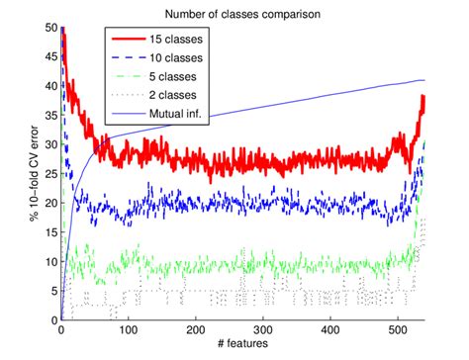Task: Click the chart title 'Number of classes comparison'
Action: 243,14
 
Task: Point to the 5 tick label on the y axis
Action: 50,291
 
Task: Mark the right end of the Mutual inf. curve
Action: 423,80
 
